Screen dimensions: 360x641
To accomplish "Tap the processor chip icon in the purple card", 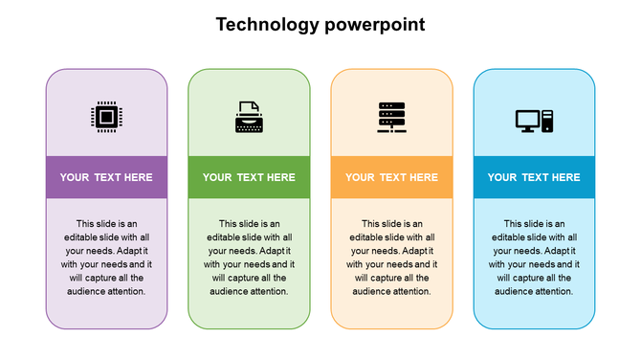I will [106, 118].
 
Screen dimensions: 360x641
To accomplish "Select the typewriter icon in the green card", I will [249, 117].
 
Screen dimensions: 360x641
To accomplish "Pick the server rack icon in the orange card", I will [391, 118].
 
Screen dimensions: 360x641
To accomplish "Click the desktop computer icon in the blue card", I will [534, 121].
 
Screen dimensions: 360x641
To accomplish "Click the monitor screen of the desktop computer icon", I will [527, 120].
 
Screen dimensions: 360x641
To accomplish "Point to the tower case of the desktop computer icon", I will [547, 121].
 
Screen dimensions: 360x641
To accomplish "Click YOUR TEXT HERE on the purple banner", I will [106, 177].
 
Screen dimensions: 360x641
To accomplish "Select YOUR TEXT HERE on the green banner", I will [249, 177].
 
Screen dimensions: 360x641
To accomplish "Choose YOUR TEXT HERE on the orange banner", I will [391, 177].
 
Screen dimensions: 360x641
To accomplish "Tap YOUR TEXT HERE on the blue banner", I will [534, 177].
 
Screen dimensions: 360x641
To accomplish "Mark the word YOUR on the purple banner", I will [75, 177].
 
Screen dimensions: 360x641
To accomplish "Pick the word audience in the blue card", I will [518, 291].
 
